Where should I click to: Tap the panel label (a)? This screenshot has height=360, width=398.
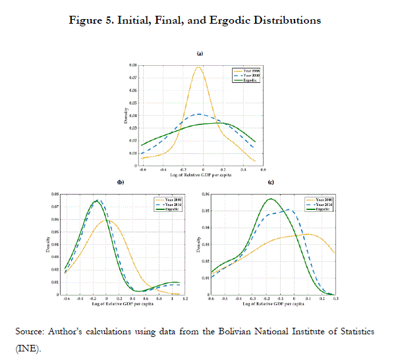click(x=199, y=53)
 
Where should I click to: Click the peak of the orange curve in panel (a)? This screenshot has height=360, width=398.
click(x=198, y=66)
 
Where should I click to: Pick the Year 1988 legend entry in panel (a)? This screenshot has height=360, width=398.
click(x=246, y=70)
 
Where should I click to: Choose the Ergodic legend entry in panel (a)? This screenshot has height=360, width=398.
click(x=245, y=80)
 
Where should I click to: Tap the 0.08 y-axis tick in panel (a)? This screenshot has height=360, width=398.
click(x=134, y=66)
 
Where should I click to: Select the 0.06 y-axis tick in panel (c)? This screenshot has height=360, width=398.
click(x=206, y=195)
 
